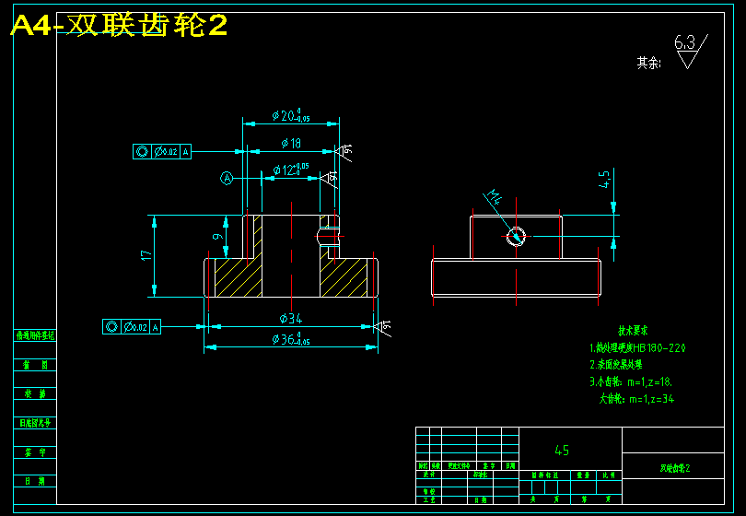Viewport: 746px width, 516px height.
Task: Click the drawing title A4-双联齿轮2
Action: pyautogui.click(x=119, y=26)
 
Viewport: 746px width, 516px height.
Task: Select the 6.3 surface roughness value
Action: pyautogui.click(x=684, y=42)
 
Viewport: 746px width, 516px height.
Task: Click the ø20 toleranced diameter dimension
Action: pyautogui.click(x=289, y=116)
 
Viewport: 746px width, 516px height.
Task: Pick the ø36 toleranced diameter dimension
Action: pyautogui.click(x=290, y=340)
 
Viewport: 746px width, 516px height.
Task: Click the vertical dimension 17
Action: pyautogui.click(x=146, y=255)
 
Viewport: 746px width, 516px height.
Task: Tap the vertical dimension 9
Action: pyautogui.click(x=217, y=237)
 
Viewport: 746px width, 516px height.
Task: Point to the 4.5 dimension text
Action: pyautogui.click(x=604, y=179)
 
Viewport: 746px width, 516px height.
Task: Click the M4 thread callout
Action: pyautogui.click(x=495, y=196)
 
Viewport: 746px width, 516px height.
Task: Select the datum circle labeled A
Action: pyautogui.click(x=227, y=178)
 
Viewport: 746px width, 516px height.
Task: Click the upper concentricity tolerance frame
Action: pyautogui.click(x=162, y=151)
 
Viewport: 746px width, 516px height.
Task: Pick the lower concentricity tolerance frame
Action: pyautogui.click(x=132, y=326)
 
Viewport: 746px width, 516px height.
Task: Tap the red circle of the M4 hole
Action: pyautogui.click(x=516, y=237)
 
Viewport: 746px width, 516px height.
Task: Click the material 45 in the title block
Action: pyautogui.click(x=562, y=451)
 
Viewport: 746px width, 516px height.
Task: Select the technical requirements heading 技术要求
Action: pyautogui.click(x=633, y=330)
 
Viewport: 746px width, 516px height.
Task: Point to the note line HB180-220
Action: pyautogui.click(x=637, y=348)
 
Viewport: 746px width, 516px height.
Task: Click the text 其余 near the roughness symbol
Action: pyautogui.click(x=648, y=63)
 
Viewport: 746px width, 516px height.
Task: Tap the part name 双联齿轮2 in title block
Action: pyautogui.click(x=674, y=468)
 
